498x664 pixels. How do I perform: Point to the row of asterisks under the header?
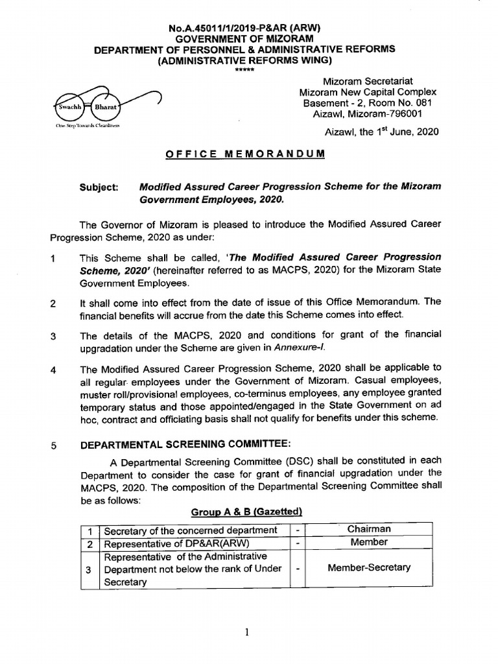244,70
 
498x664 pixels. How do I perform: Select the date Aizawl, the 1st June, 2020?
381,132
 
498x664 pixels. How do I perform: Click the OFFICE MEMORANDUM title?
244,154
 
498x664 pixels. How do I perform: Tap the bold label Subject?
99,187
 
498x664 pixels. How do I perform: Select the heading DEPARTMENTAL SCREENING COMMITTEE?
185,444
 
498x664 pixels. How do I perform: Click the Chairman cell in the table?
368,529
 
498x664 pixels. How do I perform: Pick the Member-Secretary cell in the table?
368,567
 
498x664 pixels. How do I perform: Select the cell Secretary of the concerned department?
191,530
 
